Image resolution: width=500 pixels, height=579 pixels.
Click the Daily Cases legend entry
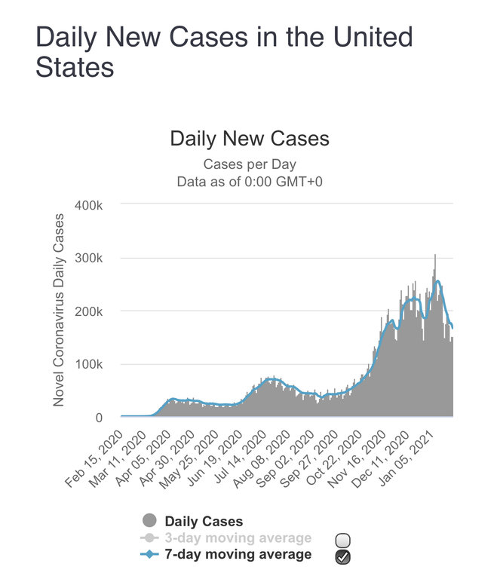[x=204, y=521]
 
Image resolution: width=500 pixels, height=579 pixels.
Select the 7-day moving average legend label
[x=238, y=555]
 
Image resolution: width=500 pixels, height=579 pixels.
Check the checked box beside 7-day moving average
[x=343, y=556]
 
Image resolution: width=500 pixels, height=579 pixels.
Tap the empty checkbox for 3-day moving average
[x=343, y=540]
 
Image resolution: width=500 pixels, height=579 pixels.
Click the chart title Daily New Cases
[x=250, y=139]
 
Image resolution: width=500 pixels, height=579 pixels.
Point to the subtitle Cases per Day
[x=250, y=164]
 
